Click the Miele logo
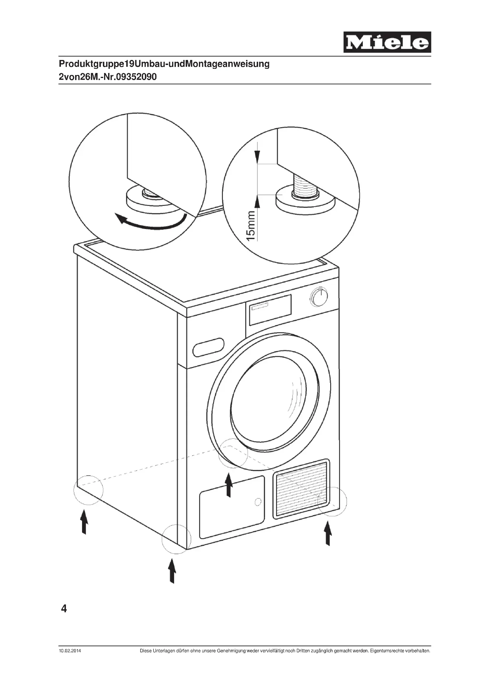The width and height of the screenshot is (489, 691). click(387, 42)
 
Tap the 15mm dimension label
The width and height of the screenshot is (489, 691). click(251, 226)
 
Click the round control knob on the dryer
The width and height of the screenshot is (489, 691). click(319, 297)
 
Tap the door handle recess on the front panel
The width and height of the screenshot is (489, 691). click(208, 347)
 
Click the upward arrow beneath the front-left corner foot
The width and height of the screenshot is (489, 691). click(172, 570)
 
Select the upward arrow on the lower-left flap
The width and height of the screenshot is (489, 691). click(229, 485)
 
